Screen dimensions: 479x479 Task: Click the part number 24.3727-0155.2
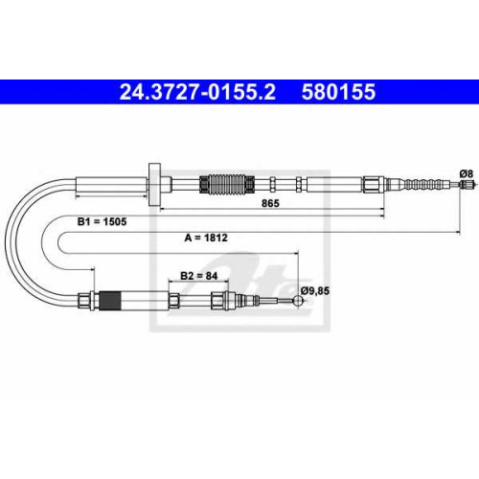[x=197, y=92]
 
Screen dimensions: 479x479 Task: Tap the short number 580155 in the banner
[x=338, y=92]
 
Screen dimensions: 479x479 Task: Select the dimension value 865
[x=270, y=203]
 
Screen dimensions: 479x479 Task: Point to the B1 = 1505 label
[x=102, y=221]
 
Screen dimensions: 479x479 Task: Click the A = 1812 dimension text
[x=206, y=238]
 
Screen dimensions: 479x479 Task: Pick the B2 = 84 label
[x=198, y=276]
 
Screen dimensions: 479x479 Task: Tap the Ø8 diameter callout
[x=467, y=174]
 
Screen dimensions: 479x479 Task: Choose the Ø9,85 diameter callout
[x=315, y=290]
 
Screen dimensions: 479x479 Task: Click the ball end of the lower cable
[x=298, y=301]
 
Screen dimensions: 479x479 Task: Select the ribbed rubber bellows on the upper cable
[x=227, y=184]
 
